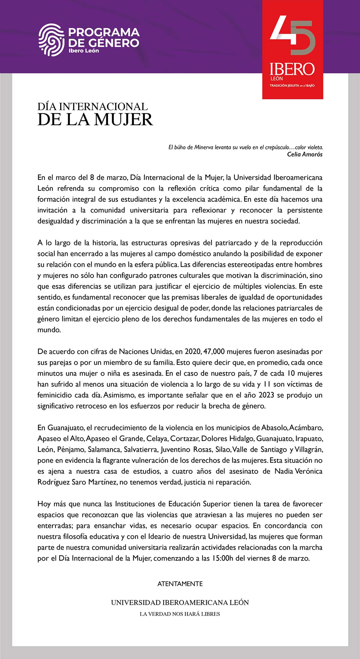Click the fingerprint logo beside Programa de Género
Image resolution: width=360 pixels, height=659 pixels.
pos(51,40)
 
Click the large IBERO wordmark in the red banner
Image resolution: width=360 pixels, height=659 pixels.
pos(292,69)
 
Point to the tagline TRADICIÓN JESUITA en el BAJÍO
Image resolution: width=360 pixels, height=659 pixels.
pos(292,86)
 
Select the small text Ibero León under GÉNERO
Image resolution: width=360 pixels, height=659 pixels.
pos(84,51)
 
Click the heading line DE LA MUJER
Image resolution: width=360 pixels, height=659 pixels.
pos(95,119)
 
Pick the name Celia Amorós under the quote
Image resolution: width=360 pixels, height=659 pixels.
pos(304,154)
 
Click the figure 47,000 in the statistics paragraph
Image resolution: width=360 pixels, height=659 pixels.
pos(214,351)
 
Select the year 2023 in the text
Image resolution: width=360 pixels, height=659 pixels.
pos(266,395)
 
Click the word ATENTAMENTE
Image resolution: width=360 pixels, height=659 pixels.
pos(180,584)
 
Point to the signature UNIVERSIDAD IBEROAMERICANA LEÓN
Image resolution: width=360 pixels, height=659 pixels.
pos(180,603)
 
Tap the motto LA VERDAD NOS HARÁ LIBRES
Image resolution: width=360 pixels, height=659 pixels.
pos(180,614)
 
